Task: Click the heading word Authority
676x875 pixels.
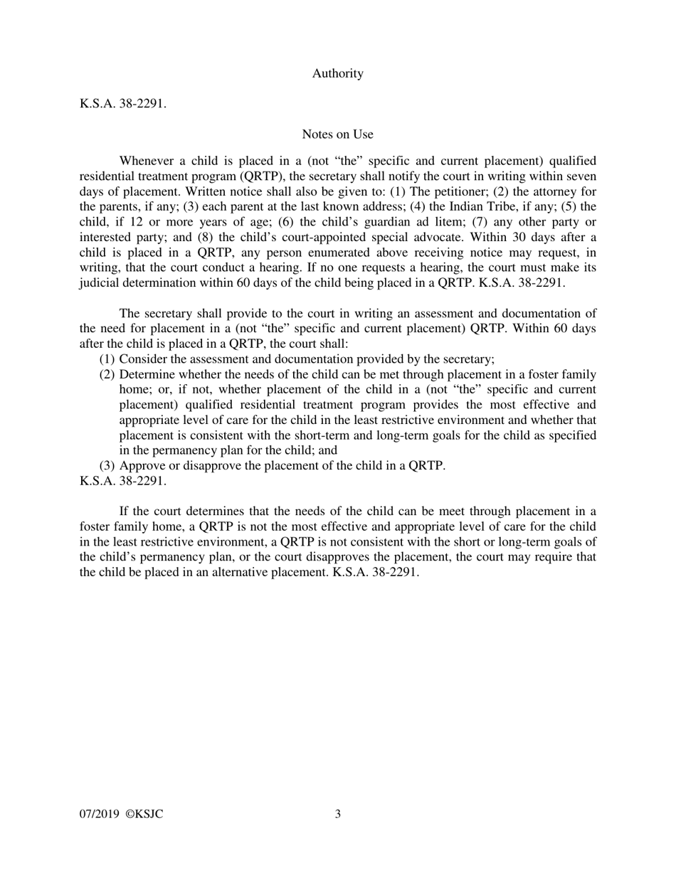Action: coord(337,73)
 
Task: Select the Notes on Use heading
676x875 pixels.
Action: coord(337,134)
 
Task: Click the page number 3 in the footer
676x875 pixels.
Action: coord(337,814)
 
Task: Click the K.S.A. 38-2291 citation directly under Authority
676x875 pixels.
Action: coord(123,104)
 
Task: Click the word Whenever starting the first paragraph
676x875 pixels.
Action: coord(147,161)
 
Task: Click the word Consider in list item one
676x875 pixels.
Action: coord(142,359)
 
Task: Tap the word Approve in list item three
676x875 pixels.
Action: coord(142,466)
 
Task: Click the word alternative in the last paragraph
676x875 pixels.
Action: coord(229,572)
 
